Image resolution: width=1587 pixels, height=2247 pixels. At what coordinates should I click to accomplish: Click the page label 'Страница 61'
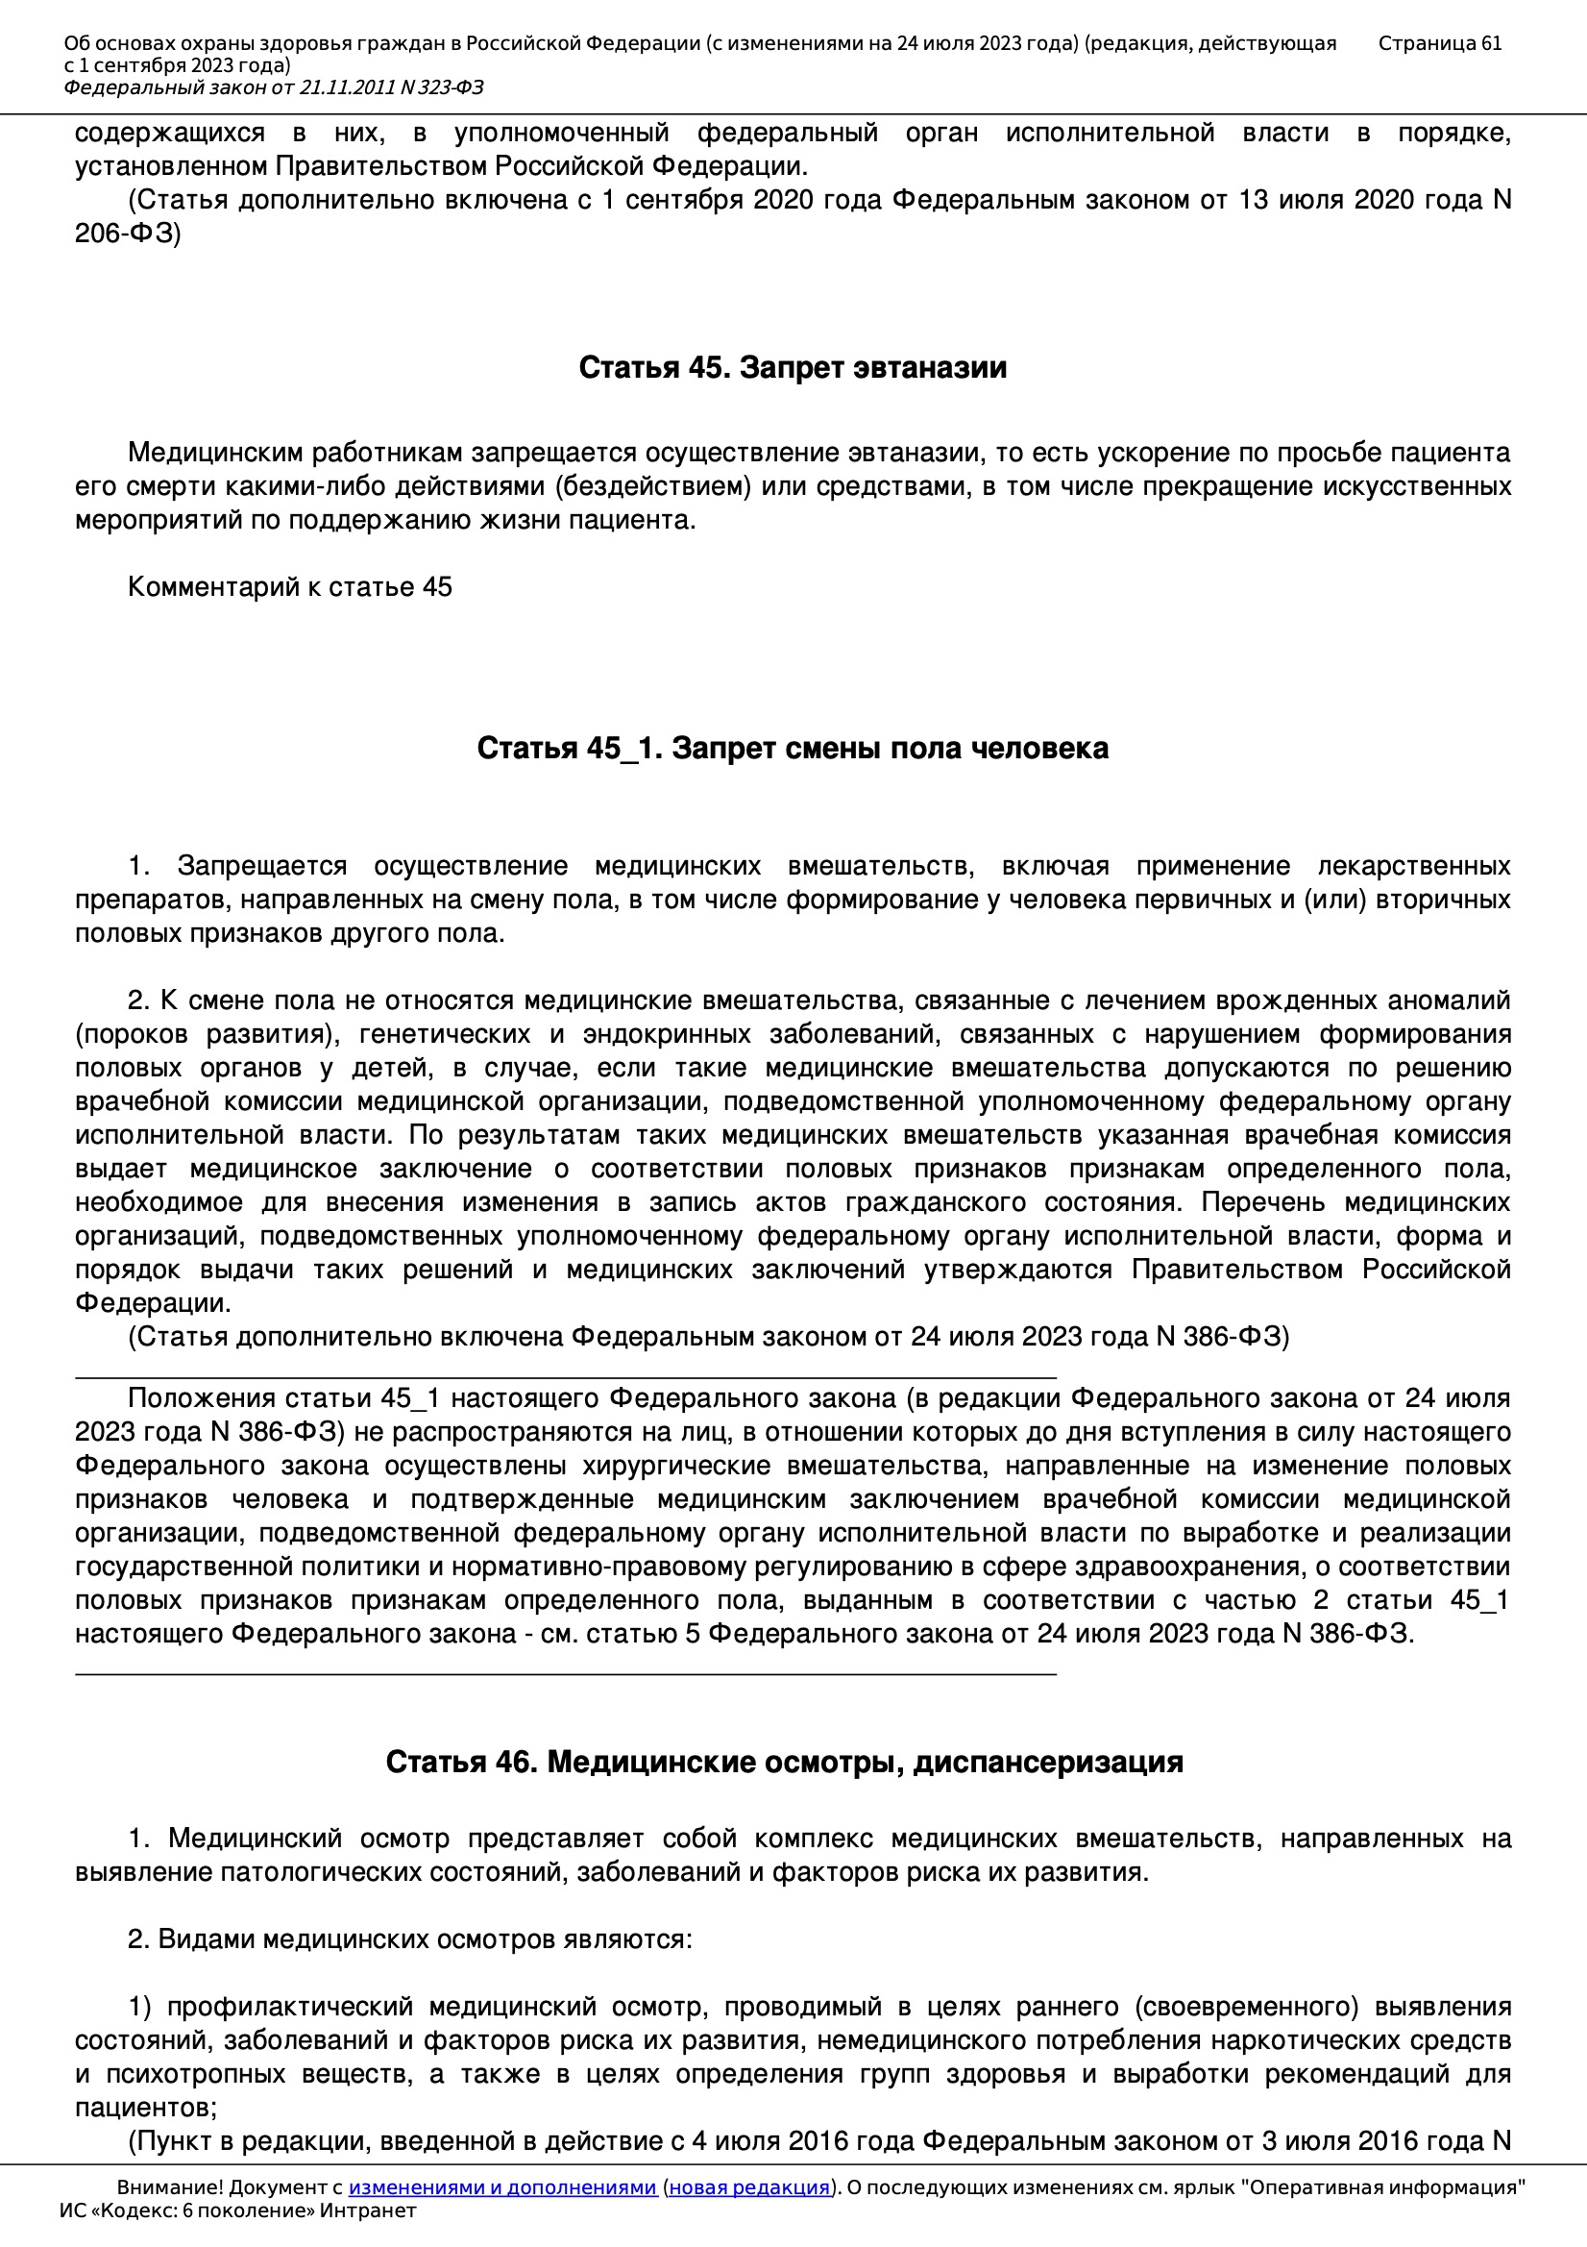[x=1439, y=43]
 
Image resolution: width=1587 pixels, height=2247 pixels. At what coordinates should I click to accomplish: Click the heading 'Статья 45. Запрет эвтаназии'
[x=793, y=367]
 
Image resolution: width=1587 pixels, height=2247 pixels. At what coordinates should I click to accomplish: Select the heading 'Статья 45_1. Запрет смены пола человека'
[x=793, y=748]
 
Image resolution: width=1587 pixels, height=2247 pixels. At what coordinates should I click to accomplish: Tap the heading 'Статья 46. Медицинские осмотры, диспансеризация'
[x=784, y=1762]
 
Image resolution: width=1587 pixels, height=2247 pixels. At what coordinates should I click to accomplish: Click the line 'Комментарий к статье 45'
[x=289, y=587]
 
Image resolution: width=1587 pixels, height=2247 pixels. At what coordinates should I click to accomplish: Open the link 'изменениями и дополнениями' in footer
[x=501, y=2187]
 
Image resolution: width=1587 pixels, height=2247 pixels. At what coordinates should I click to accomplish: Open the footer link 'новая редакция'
[x=748, y=2187]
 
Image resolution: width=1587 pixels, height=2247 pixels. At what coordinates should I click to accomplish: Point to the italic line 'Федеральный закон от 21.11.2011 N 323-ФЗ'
[x=274, y=88]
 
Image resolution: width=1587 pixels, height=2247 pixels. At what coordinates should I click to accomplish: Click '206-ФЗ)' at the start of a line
[x=128, y=233]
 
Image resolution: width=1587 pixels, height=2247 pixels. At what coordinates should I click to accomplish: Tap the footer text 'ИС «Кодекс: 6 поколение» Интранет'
[x=237, y=2210]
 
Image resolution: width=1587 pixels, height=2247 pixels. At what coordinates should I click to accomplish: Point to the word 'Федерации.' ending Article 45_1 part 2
[x=153, y=1303]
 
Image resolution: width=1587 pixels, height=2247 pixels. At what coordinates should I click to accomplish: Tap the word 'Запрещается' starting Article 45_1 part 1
[x=262, y=866]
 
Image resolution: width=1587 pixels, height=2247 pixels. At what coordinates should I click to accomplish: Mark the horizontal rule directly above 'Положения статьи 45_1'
[x=566, y=1378]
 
